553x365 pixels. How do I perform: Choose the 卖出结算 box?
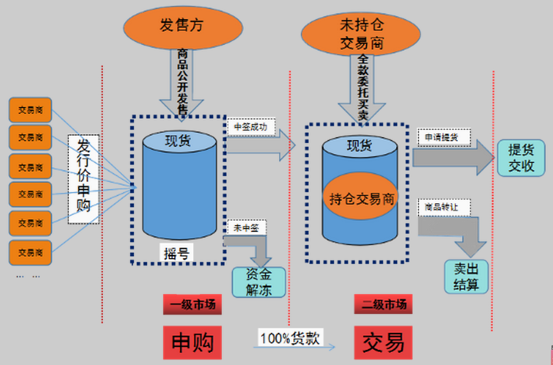(x=466, y=277)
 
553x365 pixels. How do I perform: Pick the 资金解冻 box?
(x=259, y=282)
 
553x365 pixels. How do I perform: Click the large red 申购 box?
(x=192, y=343)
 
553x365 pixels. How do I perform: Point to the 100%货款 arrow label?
(x=291, y=338)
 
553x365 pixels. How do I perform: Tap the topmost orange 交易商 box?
(x=30, y=110)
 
